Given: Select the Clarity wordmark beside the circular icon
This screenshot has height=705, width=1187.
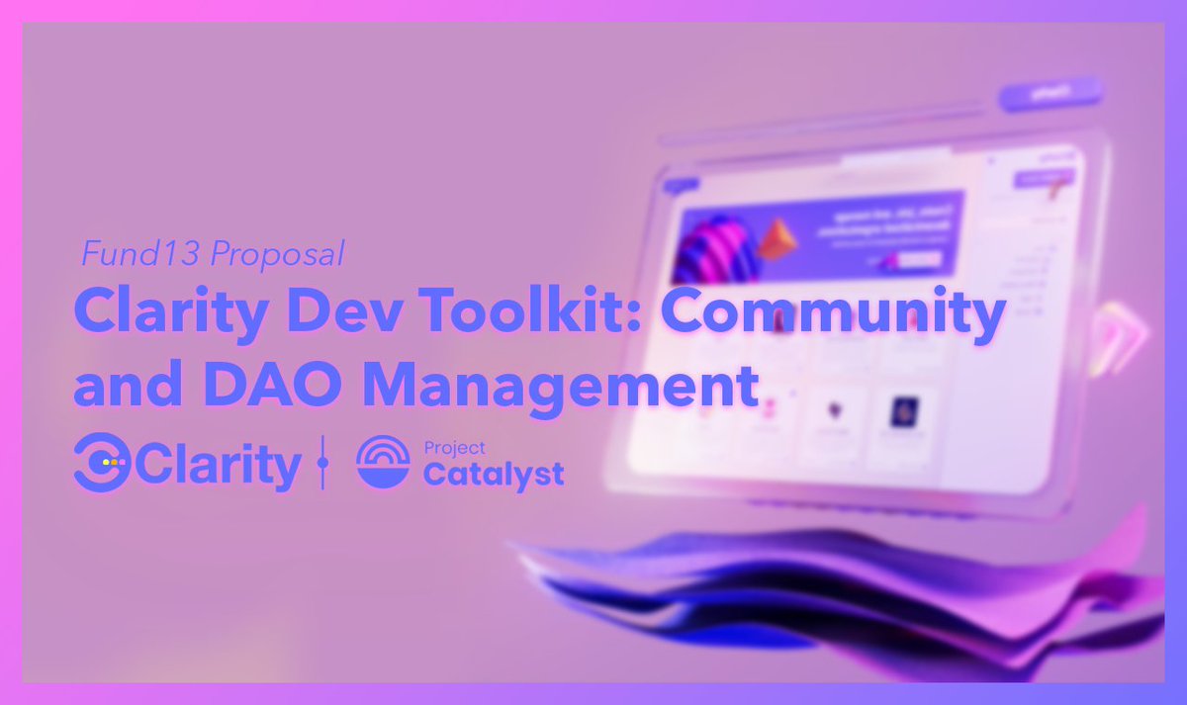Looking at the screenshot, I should pos(218,465).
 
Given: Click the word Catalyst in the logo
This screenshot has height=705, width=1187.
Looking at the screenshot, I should pos(494,474).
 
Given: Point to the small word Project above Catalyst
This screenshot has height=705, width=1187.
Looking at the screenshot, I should pos(454,448).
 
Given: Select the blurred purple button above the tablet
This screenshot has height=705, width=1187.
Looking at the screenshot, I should pos(1050,94).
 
